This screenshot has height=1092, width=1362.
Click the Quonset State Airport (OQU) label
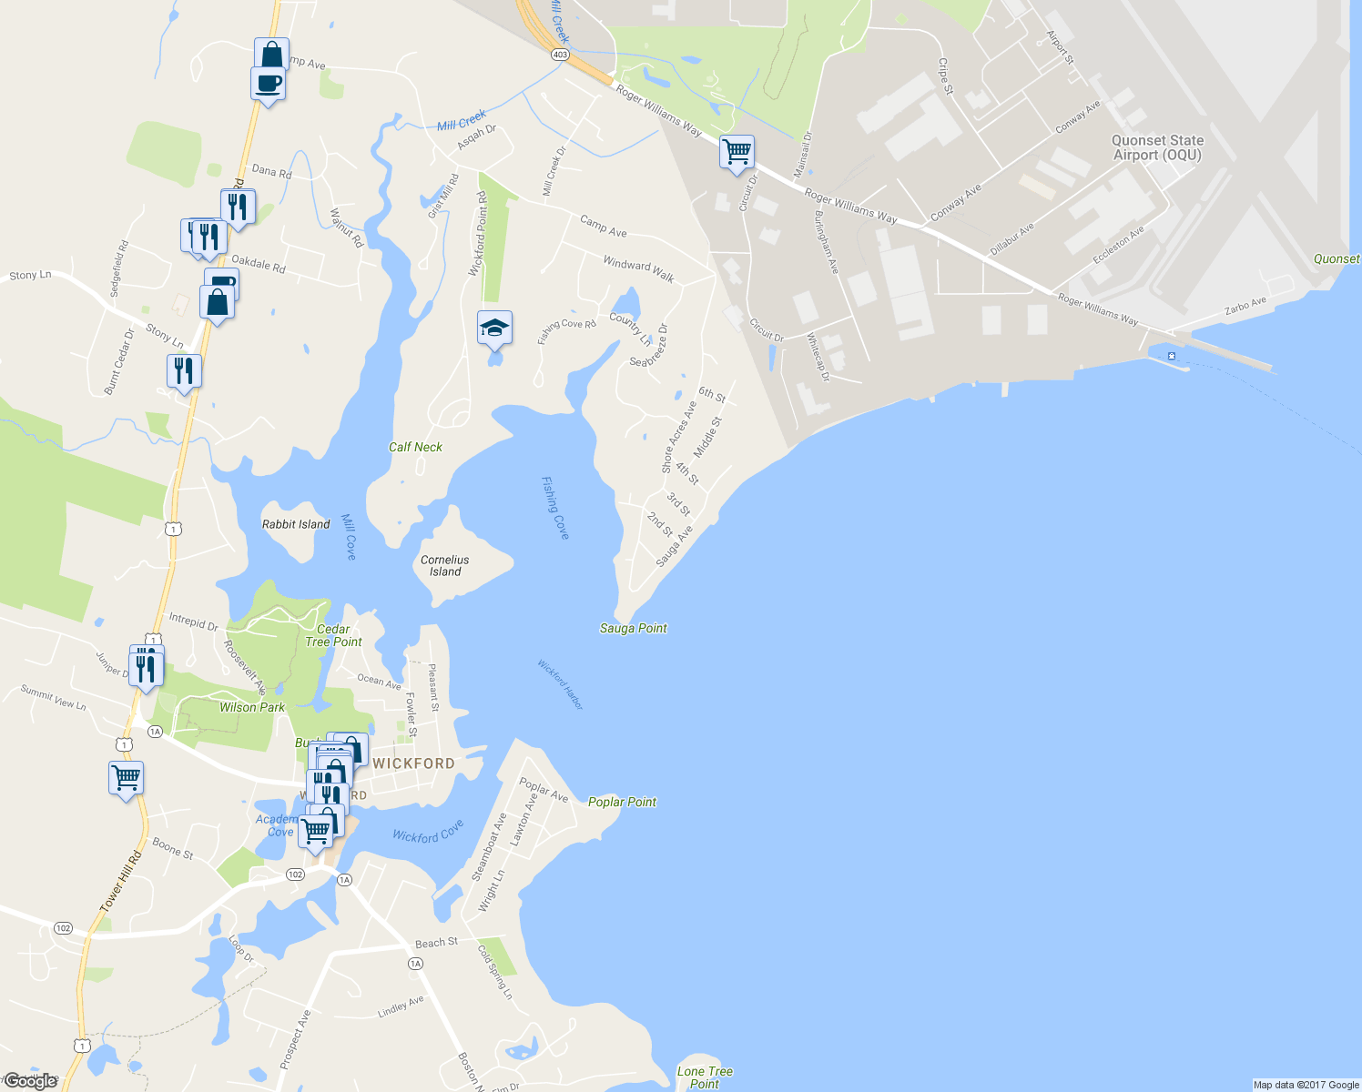1157,147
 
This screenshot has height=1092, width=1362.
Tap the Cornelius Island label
445,565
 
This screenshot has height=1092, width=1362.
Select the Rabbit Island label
296,524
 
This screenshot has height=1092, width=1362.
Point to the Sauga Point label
634,628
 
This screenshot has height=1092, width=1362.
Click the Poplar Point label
622,802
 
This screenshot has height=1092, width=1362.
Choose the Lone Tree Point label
705,1077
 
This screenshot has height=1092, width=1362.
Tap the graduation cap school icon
494,328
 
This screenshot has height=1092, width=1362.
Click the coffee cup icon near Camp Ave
268,84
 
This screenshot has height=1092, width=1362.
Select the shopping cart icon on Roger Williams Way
737,150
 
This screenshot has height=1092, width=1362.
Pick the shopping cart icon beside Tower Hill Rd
126,778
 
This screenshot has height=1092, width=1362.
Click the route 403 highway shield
560,55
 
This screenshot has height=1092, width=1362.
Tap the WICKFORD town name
413,763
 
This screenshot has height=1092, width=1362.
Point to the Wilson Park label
252,707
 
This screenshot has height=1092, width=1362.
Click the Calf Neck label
415,447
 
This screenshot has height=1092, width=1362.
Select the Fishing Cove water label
555,508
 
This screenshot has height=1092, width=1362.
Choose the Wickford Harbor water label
560,684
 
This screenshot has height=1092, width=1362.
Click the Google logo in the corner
30,1081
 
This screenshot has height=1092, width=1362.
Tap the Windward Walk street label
638,268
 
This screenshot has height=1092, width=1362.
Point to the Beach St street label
436,943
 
